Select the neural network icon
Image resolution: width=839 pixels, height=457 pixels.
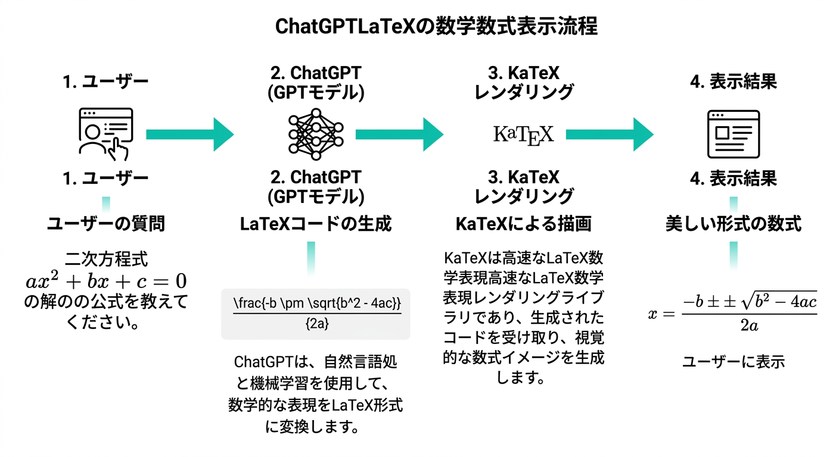[x=316, y=133]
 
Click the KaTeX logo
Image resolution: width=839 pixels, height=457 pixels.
[x=524, y=133]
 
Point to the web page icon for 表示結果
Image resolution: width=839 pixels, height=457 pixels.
[x=733, y=133]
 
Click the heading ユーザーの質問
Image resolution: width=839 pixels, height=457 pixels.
[x=106, y=224]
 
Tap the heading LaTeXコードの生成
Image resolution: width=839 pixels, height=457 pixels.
[x=316, y=224]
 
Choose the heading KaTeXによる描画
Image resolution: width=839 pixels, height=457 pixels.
[x=524, y=224]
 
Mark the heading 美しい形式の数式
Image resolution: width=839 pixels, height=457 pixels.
[x=733, y=224]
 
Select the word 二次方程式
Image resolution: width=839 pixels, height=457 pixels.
[x=106, y=259]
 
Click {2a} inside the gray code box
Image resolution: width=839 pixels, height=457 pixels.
[x=316, y=325]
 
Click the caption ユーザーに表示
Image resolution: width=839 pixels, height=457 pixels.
[x=733, y=361]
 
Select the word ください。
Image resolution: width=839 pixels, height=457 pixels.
[x=106, y=323]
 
